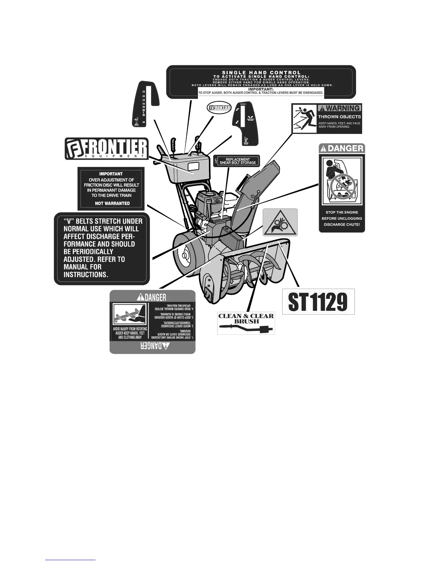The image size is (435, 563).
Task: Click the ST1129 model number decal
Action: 318,302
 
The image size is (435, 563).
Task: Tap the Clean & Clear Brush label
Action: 246,323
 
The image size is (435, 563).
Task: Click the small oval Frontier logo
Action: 219,107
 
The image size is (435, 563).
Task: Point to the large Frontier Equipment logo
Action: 106,149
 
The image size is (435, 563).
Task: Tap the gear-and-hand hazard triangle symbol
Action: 280,222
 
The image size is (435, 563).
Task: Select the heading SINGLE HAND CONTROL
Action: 261,73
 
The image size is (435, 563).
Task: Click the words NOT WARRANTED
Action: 112,204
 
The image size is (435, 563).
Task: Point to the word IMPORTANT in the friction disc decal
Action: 111,174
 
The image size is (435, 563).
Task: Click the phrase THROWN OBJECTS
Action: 339,117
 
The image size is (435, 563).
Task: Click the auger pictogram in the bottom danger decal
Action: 129,315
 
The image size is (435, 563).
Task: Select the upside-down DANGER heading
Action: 152,347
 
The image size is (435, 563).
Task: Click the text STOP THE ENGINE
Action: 342,212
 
